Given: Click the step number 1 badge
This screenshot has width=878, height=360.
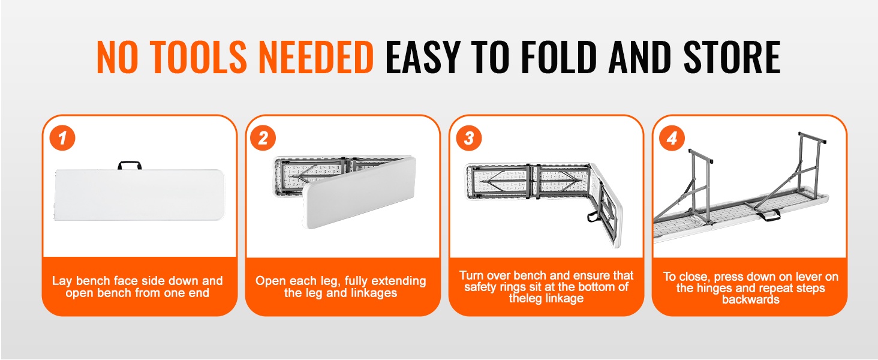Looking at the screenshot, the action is pyautogui.click(x=62, y=138).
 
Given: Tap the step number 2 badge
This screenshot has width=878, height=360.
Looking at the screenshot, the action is pyautogui.click(x=263, y=138).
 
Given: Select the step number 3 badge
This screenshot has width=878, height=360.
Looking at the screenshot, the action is pyautogui.click(x=469, y=138).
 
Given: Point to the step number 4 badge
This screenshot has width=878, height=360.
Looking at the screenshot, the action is pyautogui.click(x=672, y=138).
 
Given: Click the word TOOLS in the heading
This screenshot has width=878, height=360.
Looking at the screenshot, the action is pyautogui.click(x=199, y=57).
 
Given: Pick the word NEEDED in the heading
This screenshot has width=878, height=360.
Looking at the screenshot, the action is pyautogui.click(x=316, y=57).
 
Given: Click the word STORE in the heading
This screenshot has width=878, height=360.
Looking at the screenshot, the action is pyautogui.click(x=732, y=57).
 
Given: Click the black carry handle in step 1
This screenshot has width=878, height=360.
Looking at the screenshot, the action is pyautogui.click(x=130, y=165).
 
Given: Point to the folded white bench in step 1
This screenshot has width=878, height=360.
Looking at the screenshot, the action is pyautogui.click(x=139, y=194).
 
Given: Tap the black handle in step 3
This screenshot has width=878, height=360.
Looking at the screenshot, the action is pyautogui.click(x=594, y=216).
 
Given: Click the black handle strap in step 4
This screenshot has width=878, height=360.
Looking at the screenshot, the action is pyautogui.click(x=768, y=215).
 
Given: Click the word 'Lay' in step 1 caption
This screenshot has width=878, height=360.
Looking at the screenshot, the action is pyautogui.click(x=62, y=281).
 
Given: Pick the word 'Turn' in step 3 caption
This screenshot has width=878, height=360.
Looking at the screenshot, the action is pyautogui.click(x=472, y=275).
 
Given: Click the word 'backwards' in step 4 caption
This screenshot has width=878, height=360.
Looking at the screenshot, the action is pyautogui.click(x=751, y=299).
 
